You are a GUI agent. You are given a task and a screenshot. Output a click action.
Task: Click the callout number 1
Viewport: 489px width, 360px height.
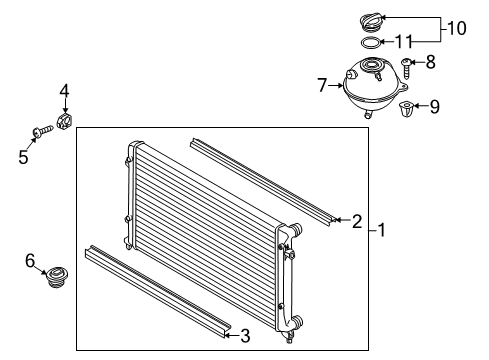(x=382, y=230)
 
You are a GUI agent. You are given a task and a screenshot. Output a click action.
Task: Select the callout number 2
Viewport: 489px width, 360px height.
(x=357, y=221)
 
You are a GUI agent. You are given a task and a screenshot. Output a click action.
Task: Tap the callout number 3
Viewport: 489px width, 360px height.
(x=245, y=336)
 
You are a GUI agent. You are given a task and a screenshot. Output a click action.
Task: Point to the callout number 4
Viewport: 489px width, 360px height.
(x=64, y=91)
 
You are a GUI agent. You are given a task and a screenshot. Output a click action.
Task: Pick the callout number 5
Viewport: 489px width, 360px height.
(x=23, y=157)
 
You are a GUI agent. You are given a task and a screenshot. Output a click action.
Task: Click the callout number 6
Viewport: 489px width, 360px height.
(x=30, y=261)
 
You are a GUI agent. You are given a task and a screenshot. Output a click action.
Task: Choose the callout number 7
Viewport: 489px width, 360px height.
(x=322, y=85)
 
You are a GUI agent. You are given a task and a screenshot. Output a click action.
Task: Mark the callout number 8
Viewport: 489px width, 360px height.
(x=431, y=62)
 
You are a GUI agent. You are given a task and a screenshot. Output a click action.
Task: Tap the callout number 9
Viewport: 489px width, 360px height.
(x=434, y=107)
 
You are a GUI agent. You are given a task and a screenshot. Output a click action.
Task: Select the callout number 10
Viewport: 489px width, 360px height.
(x=456, y=28)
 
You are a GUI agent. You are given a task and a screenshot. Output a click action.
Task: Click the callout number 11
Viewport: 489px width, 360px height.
(x=404, y=42)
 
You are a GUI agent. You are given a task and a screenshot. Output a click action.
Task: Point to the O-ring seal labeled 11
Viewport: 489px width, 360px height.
(x=371, y=43)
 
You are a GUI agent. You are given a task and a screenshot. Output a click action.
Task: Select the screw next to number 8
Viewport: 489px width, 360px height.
(x=406, y=68)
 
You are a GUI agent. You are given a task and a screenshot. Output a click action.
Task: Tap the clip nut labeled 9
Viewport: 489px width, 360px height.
(x=407, y=109)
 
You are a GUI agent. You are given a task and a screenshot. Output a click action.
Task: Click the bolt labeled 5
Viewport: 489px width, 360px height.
(x=43, y=131)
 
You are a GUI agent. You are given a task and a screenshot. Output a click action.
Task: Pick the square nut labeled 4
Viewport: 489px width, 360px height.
(x=65, y=122)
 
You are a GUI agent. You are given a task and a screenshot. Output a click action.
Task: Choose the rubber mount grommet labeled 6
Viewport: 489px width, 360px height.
(x=57, y=277)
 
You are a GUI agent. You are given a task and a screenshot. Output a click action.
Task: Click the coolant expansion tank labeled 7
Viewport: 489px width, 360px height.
(x=374, y=86)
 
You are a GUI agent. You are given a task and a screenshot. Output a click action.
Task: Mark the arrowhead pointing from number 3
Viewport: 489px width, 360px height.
(x=227, y=335)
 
